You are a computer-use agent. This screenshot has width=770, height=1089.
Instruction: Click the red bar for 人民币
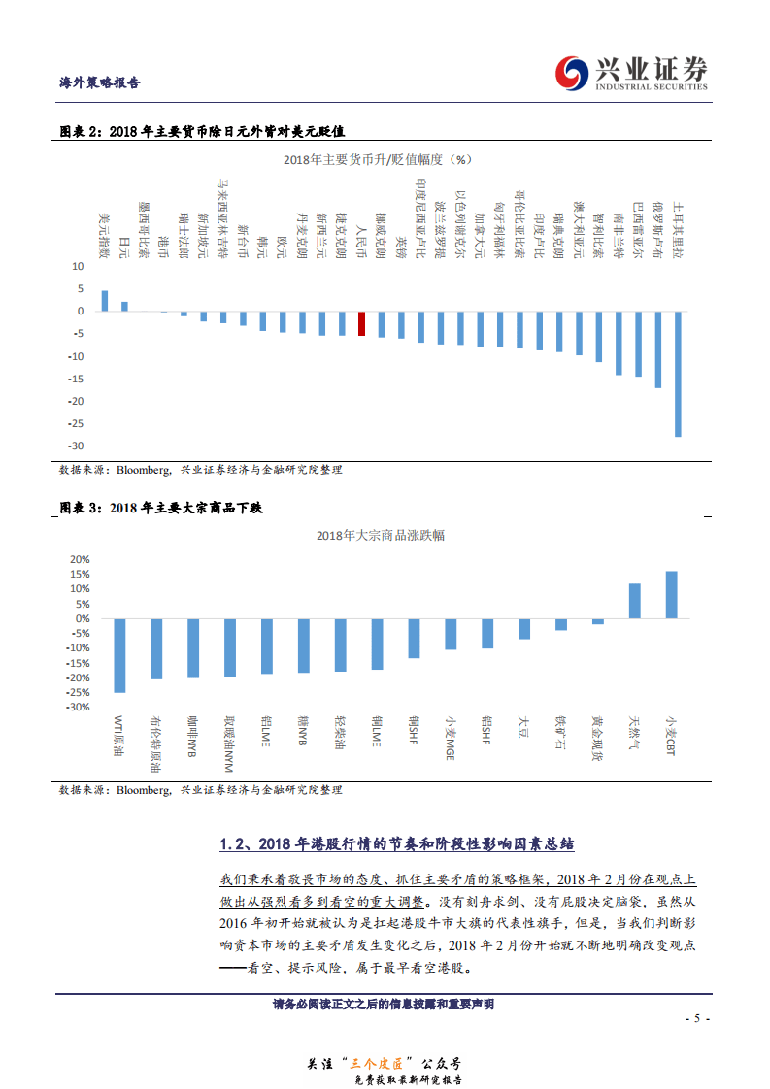(x=361, y=323)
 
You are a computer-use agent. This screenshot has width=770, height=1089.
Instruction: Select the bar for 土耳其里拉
(x=678, y=374)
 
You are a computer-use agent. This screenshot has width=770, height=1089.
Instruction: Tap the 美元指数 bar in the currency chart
(x=105, y=301)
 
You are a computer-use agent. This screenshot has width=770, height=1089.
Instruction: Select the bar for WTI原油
(x=119, y=655)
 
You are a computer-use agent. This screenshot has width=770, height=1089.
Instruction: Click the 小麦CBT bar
(x=671, y=594)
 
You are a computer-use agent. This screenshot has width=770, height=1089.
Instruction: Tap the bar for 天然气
(x=634, y=601)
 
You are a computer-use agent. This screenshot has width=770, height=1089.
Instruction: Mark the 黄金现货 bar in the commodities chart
(x=598, y=621)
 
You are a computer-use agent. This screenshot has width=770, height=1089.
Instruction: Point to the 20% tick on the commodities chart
(x=79, y=559)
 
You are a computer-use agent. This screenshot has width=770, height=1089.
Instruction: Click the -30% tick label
(x=77, y=707)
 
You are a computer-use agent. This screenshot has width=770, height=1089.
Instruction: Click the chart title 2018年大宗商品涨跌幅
(x=381, y=535)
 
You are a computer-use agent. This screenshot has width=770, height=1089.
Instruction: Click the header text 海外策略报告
(x=100, y=82)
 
